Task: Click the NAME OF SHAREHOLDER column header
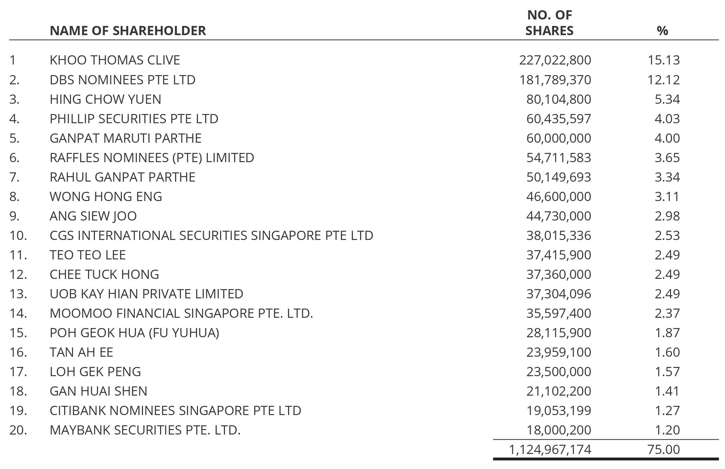tap(128, 31)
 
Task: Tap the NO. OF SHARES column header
tap(549, 23)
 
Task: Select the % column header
tap(662, 31)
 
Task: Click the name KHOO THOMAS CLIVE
tap(115, 60)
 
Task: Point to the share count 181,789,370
tap(555, 80)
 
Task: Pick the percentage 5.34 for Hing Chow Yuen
tap(667, 99)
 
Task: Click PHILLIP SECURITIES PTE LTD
tap(134, 119)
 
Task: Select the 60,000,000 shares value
tap(558, 138)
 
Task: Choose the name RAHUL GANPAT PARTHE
tap(122, 177)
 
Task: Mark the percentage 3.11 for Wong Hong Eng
tap(667, 197)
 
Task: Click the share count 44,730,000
tap(558, 216)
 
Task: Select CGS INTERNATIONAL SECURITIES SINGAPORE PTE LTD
tap(211, 236)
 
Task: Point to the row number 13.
tap(18, 294)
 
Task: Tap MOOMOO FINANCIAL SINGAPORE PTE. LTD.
tap(181, 313)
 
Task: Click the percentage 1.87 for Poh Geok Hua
tap(667, 333)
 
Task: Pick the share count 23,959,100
tap(558, 352)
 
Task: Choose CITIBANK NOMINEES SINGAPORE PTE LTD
tap(175, 411)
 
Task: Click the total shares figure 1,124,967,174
tap(550, 450)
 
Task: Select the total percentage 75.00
tap(664, 450)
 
